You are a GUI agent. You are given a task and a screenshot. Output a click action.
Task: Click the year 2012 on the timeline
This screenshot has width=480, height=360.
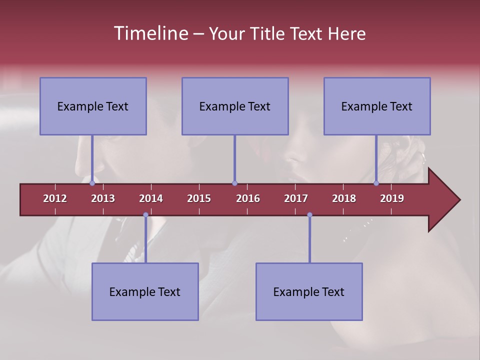click(55, 198)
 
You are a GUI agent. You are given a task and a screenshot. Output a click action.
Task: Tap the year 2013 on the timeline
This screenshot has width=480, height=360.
click(103, 198)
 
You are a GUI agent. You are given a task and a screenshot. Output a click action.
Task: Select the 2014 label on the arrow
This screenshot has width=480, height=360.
click(151, 198)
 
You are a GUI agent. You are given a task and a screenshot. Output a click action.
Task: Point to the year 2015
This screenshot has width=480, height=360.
click(199, 198)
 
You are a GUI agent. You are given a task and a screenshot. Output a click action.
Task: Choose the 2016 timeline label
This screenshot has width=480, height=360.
click(248, 198)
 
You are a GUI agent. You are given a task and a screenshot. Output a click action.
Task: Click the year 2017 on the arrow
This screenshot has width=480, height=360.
click(296, 198)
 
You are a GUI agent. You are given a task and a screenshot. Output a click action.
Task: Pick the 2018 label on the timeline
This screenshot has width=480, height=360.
click(344, 198)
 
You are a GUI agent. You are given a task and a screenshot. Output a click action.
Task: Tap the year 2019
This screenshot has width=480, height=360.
click(392, 198)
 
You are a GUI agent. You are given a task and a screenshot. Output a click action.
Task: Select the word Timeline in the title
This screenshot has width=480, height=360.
click(150, 33)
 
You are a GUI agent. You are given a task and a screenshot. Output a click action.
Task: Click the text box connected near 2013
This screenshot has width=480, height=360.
click(93, 106)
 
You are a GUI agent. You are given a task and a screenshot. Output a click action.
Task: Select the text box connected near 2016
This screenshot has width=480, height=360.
click(235, 106)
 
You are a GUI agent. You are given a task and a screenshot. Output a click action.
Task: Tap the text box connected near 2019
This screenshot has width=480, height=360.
click(377, 106)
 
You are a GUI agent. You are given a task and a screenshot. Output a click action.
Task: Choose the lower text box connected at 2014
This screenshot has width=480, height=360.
click(145, 291)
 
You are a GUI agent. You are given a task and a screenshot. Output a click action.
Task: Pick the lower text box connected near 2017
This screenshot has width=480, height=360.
click(309, 291)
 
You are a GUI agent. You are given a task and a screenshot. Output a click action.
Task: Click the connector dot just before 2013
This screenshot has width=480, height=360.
click(92, 183)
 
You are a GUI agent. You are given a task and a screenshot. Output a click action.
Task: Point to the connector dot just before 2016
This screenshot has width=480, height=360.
click(234, 183)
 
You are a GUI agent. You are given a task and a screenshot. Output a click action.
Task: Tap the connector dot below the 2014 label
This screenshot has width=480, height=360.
click(145, 215)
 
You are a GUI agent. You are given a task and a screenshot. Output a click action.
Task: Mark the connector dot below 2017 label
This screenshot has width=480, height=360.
click(309, 215)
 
